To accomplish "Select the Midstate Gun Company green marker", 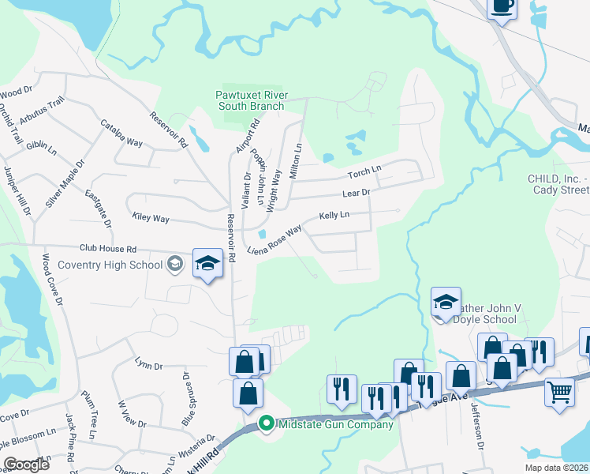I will (266, 424).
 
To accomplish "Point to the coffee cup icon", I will (502, 6).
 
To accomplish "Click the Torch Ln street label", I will (364, 171).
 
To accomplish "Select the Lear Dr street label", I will (356, 193).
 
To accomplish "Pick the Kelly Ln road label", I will (334, 215).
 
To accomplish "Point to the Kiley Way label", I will (151, 217).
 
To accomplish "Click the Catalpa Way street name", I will (121, 133).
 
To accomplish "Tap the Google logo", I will (27, 465).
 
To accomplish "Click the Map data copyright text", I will (556, 468).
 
